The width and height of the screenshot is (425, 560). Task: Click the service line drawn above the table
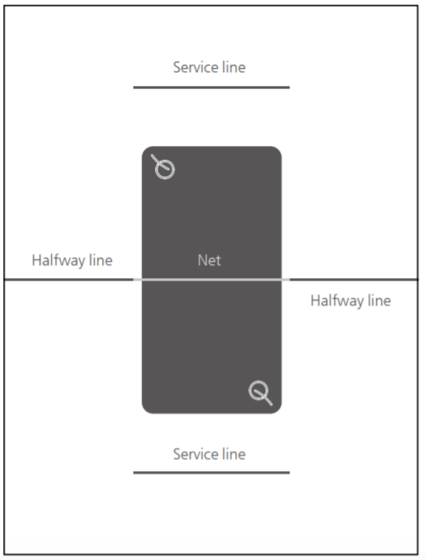pyautogui.click(x=211, y=87)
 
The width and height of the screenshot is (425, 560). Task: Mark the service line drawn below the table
pyautogui.click(x=211, y=472)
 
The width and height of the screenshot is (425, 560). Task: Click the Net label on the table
pyautogui.click(x=209, y=260)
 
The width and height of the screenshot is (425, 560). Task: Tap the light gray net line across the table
pyautogui.click(x=211, y=279)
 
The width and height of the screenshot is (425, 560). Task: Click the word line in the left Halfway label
pyautogui.click(x=101, y=260)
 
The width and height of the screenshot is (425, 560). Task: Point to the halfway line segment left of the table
pyautogui.click(x=69, y=279)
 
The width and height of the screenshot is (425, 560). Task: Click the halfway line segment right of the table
pyautogui.click(x=353, y=279)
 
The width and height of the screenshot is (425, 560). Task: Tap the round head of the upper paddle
pyautogui.click(x=165, y=170)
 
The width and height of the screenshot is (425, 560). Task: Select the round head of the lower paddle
pyautogui.click(x=258, y=390)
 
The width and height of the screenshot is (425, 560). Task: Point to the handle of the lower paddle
pyautogui.click(x=266, y=399)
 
